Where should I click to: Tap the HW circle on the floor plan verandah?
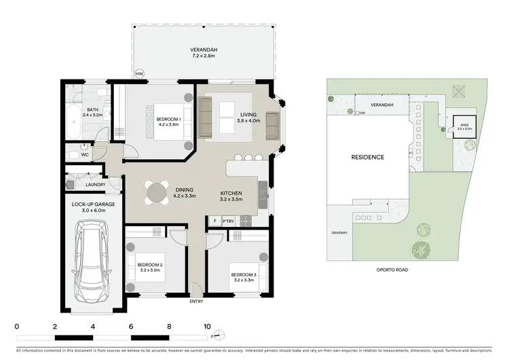click(140, 74)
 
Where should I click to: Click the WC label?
click(85, 154)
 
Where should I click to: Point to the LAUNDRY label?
click(94, 184)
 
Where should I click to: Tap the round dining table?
click(157, 192)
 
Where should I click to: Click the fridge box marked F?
click(214, 221)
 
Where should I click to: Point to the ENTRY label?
click(196, 301)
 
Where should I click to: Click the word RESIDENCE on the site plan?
click(367, 157)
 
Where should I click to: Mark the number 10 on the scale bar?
click(207, 326)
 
